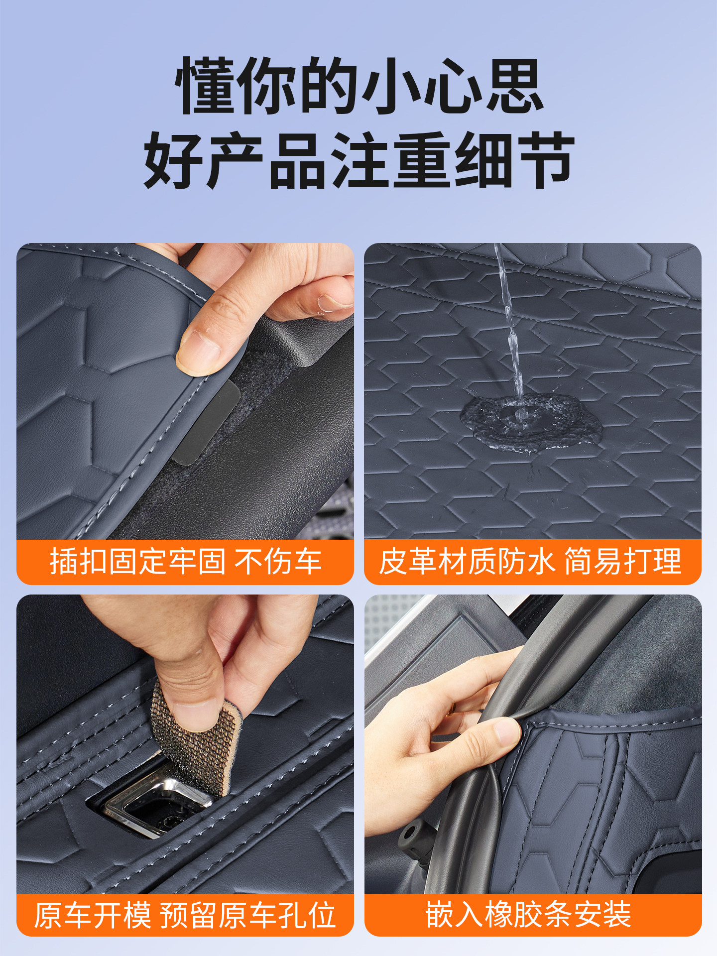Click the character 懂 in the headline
(205, 86)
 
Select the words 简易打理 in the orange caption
(622, 562)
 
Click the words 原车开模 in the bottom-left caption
(93, 915)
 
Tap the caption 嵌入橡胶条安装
(528, 914)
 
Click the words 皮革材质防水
(467, 562)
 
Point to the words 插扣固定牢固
(137, 562)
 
